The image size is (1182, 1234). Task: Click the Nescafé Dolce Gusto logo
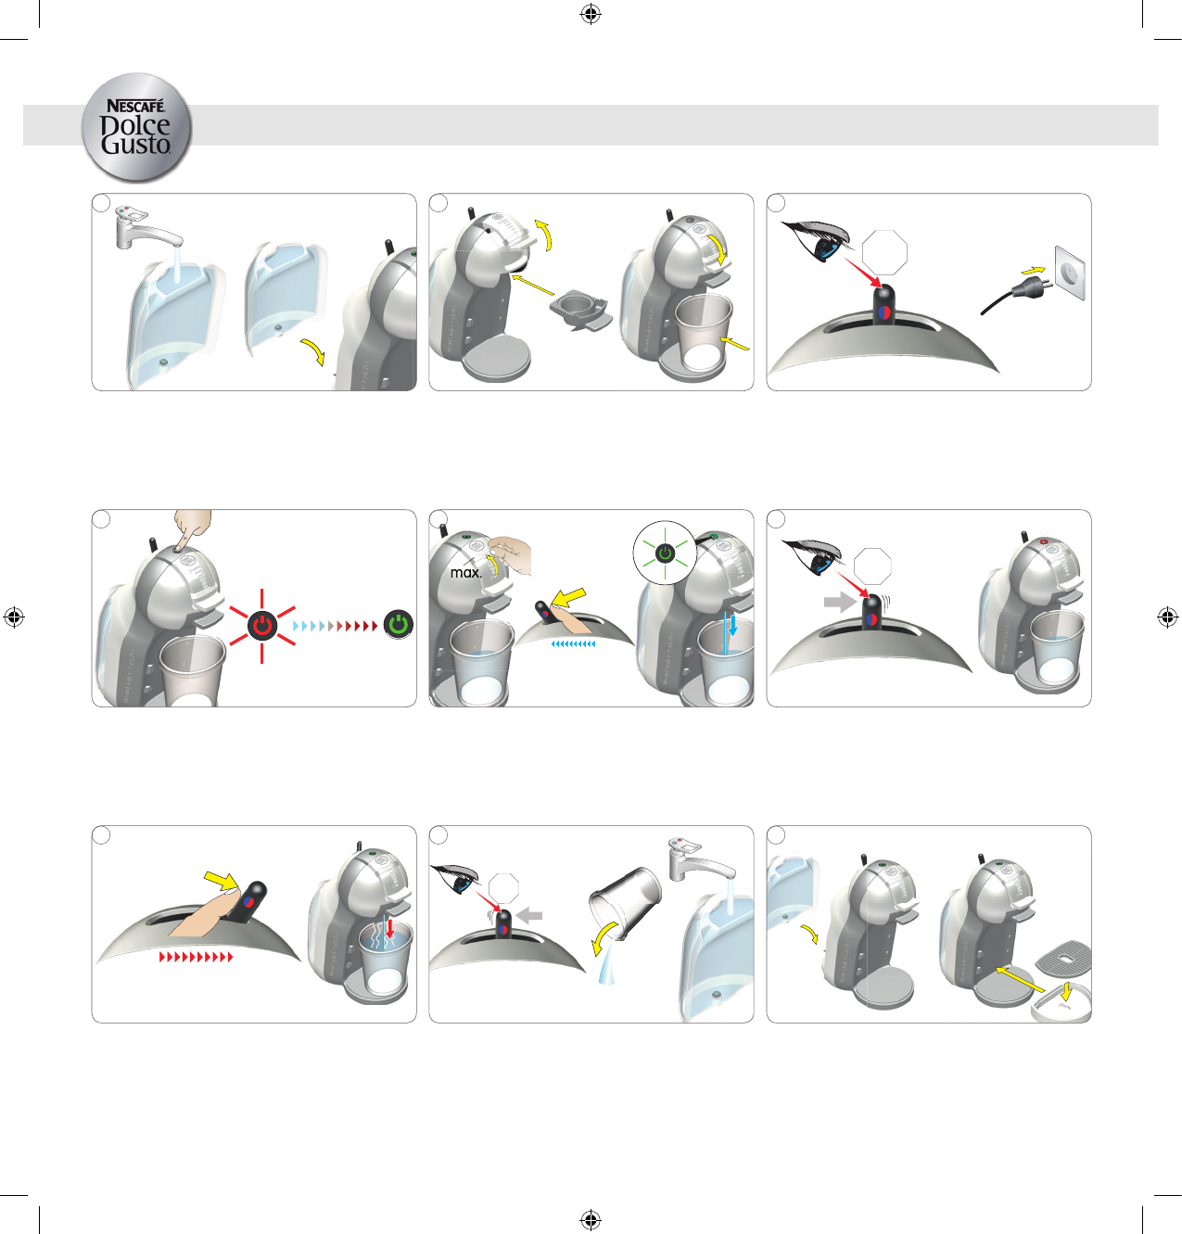(136, 127)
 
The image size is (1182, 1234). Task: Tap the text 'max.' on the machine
(466, 573)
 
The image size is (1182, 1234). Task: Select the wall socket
(1069, 274)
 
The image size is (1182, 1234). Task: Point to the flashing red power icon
(261, 625)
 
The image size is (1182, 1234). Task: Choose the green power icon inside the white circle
(666, 553)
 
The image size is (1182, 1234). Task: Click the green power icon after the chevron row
(399, 625)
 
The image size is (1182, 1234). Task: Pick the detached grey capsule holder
(581, 311)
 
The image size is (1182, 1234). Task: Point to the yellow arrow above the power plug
(1033, 270)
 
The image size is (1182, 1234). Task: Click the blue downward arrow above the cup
(733, 625)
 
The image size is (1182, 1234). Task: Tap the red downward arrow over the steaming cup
(390, 928)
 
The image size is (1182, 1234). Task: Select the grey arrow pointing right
(840, 602)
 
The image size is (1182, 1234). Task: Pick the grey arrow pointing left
(530, 915)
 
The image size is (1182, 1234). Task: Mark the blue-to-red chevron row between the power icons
(336, 627)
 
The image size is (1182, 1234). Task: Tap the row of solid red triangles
(196, 957)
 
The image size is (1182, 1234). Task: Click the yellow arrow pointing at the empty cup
(735, 344)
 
